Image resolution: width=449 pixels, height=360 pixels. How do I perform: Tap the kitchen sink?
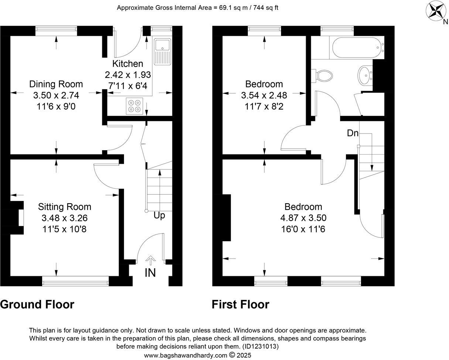[x=162, y=51]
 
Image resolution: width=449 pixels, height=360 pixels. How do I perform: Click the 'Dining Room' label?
[x=56, y=84]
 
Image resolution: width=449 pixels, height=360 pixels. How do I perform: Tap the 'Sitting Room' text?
[x=64, y=207]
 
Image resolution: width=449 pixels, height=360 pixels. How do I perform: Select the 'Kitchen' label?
[x=127, y=63]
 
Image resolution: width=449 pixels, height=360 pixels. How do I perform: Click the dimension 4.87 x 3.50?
[x=303, y=218]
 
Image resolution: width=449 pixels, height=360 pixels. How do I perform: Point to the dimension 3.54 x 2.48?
[x=264, y=95]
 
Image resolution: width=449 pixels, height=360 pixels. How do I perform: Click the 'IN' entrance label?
[x=150, y=273]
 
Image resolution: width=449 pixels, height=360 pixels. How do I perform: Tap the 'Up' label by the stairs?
[x=159, y=215]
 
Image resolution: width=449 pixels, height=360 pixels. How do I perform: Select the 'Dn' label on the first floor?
[x=353, y=133]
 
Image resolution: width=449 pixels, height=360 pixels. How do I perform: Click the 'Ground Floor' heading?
[x=37, y=304]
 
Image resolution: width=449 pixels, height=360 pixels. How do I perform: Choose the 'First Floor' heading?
[x=240, y=304]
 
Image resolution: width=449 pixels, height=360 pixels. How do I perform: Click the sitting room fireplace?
[x=17, y=218]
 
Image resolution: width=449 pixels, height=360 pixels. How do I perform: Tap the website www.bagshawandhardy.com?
[x=186, y=355]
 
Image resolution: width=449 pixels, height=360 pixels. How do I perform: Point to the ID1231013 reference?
[x=260, y=346]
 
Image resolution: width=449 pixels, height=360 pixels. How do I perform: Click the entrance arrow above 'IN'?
[x=150, y=260]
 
